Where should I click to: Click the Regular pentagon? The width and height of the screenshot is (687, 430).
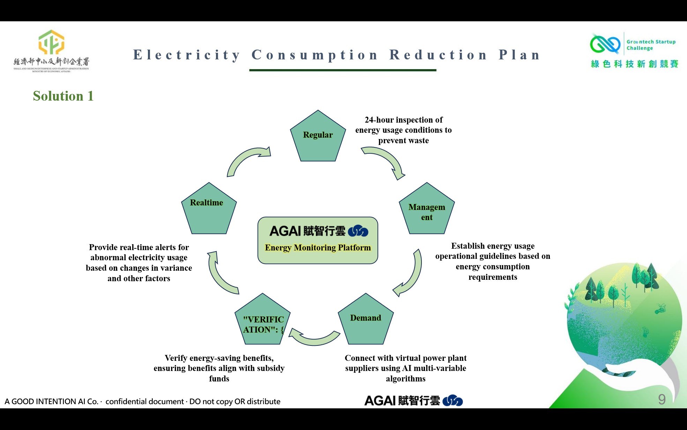coord(318,138)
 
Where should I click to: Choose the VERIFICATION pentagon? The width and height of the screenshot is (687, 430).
coord(262,321)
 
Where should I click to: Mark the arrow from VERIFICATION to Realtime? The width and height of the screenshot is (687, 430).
coord(220,274)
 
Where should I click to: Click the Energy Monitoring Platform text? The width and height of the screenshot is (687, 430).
coord(318,248)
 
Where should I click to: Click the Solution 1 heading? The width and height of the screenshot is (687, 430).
coord(63,96)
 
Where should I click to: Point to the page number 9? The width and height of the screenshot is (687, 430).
coord(662,399)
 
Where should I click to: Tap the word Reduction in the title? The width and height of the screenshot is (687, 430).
coord(438,55)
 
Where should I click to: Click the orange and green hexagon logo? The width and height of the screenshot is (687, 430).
coord(51,42)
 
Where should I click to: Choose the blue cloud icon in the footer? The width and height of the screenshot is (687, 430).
coord(453,401)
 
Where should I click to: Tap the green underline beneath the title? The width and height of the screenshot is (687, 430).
coord(343,70)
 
